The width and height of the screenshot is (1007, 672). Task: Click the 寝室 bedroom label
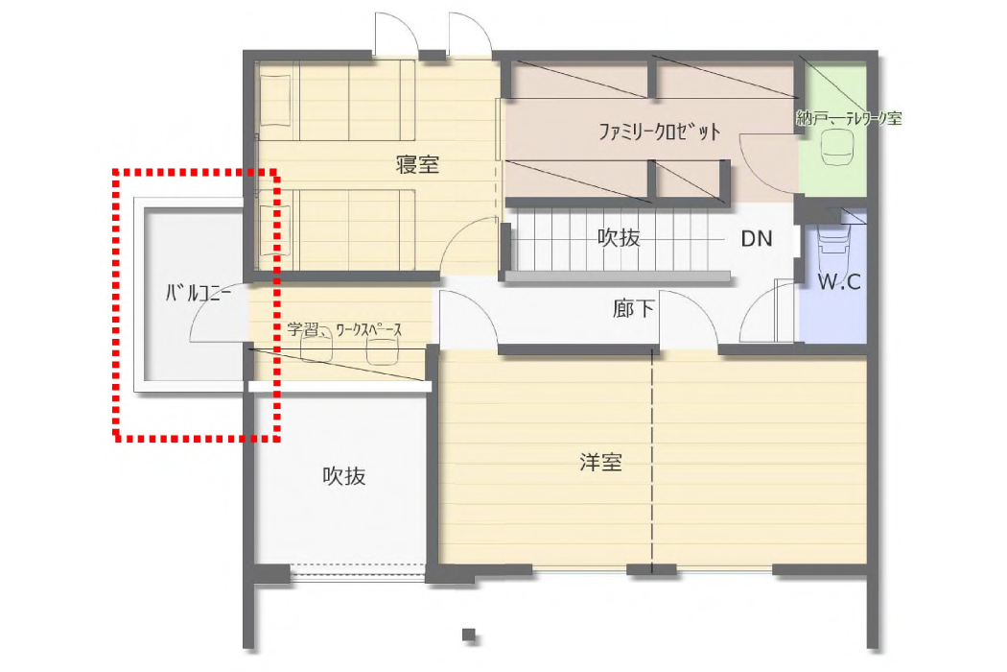point(417,164)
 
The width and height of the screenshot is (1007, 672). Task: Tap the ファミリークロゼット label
point(660,132)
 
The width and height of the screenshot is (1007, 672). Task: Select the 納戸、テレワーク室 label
point(849,118)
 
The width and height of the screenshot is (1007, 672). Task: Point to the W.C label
point(839,281)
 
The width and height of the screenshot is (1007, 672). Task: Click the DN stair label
point(757,239)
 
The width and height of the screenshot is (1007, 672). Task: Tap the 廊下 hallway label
point(633,309)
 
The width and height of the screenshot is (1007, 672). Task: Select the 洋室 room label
point(600,462)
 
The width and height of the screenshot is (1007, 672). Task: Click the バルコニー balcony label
point(199,294)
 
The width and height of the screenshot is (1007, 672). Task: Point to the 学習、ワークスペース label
point(344,330)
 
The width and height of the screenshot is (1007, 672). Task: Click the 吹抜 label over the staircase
point(619,237)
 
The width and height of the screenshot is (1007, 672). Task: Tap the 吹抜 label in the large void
point(344,476)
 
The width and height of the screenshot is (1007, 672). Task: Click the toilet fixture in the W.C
point(833,242)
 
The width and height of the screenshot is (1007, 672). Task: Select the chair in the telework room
point(835,146)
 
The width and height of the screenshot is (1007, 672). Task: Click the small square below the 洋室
point(469,636)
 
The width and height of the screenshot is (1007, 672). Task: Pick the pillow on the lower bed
point(275,229)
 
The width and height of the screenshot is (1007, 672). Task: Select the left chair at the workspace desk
point(316,349)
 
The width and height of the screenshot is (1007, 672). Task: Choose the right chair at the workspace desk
point(383,351)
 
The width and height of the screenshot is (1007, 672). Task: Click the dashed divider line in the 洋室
point(652,461)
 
